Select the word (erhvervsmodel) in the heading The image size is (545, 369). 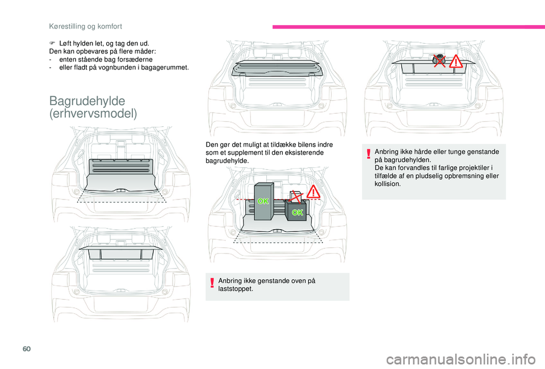[93, 114]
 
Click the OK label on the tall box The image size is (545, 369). [263, 202]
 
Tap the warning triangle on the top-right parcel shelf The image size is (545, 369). [455, 61]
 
